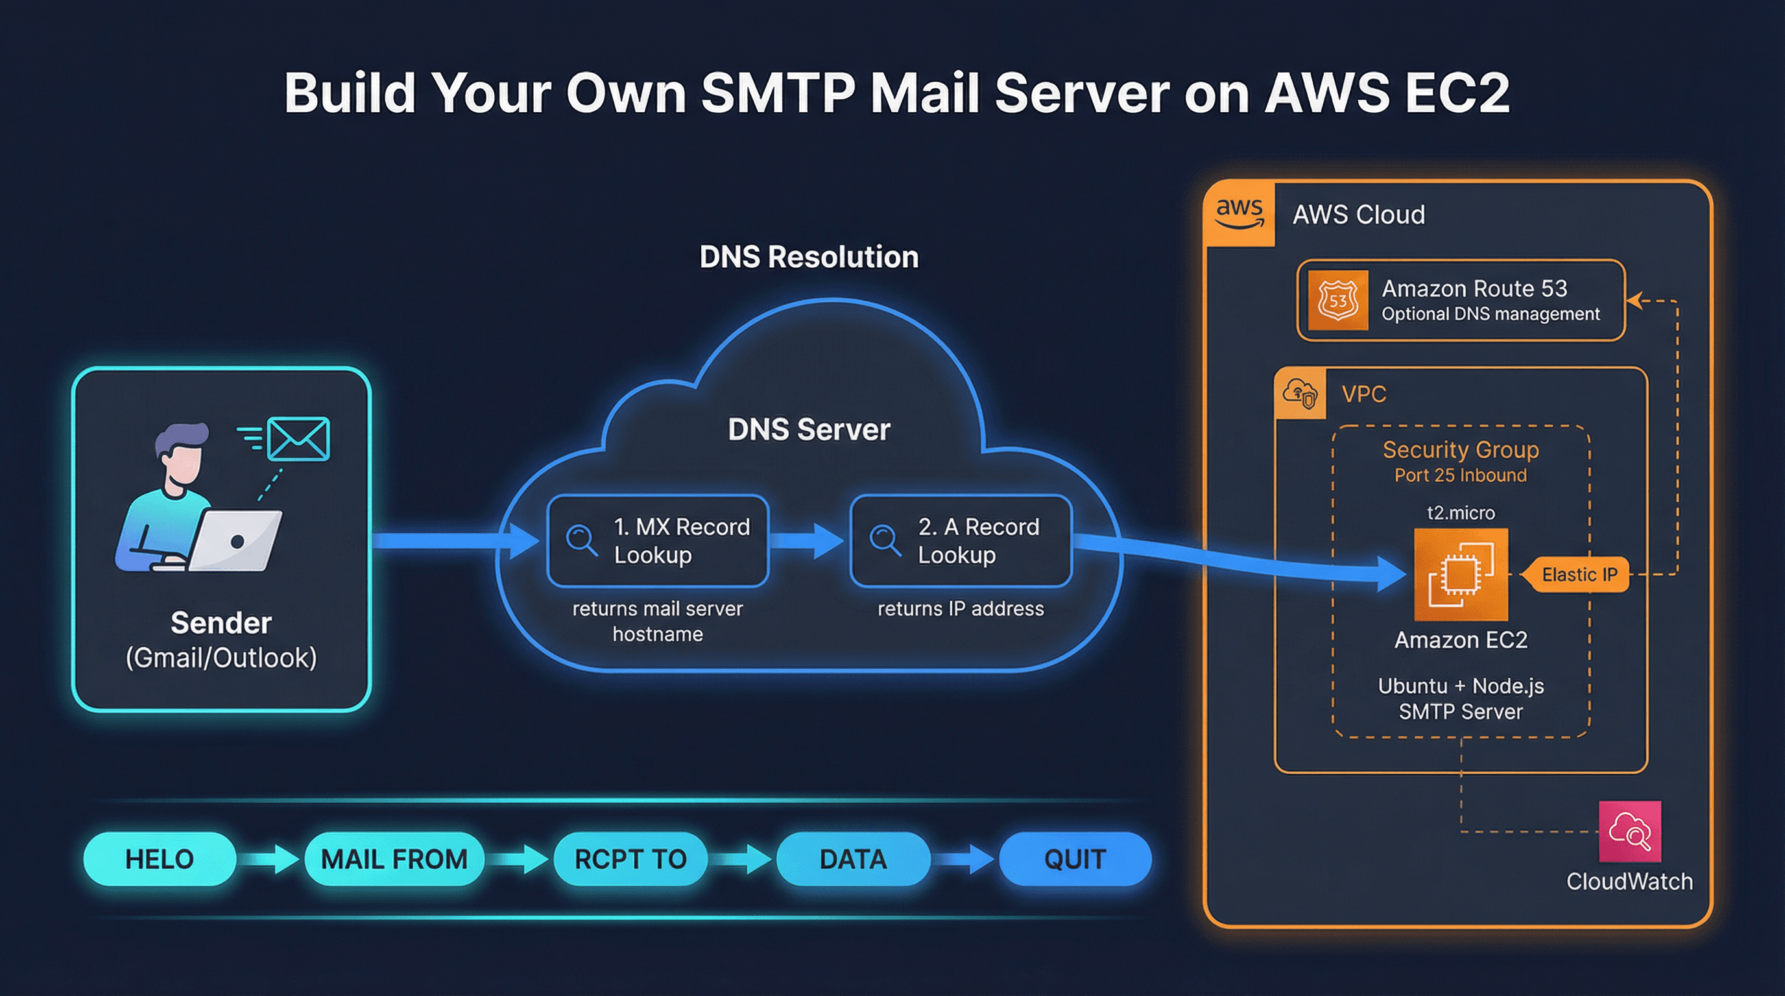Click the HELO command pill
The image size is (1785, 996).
(x=160, y=859)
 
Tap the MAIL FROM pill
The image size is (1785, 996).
(x=394, y=859)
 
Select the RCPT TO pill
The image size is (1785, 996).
(x=630, y=859)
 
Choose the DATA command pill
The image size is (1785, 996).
(x=853, y=859)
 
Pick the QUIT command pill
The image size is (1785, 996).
(x=1075, y=859)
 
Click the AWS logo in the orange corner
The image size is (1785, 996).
(x=1240, y=213)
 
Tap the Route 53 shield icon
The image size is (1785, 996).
(x=1337, y=301)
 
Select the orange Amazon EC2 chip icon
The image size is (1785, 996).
(x=1461, y=574)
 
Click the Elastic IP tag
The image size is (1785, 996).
(x=1579, y=574)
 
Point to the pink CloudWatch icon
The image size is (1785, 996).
(x=1630, y=832)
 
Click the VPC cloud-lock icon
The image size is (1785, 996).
(x=1300, y=394)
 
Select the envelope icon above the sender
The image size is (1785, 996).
(x=298, y=438)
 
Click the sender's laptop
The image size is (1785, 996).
(x=235, y=540)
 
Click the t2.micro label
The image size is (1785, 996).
(x=1461, y=512)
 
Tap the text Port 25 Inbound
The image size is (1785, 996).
(x=1461, y=475)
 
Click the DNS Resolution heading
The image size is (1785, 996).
(x=809, y=257)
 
